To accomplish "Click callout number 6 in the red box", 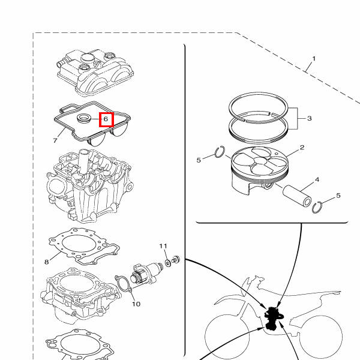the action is [x=106, y=119].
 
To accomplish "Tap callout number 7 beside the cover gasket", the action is [x=55, y=140].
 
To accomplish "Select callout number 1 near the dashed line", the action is [x=314, y=59].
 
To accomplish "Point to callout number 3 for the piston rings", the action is [x=309, y=118].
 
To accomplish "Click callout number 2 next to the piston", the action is [x=302, y=148].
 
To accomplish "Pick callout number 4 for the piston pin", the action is [x=317, y=179].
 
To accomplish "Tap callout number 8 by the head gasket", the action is [x=47, y=262].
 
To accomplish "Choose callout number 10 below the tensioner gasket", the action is [x=136, y=304].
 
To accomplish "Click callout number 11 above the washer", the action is [x=163, y=246].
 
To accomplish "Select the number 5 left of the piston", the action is [x=199, y=160].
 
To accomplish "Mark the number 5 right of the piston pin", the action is [x=338, y=196].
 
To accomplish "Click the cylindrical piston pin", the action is [x=297, y=196].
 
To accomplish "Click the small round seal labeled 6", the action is [x=84, y=118].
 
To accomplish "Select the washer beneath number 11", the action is [x=168, y=263].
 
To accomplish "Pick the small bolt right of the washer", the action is [x=176, y=260].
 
